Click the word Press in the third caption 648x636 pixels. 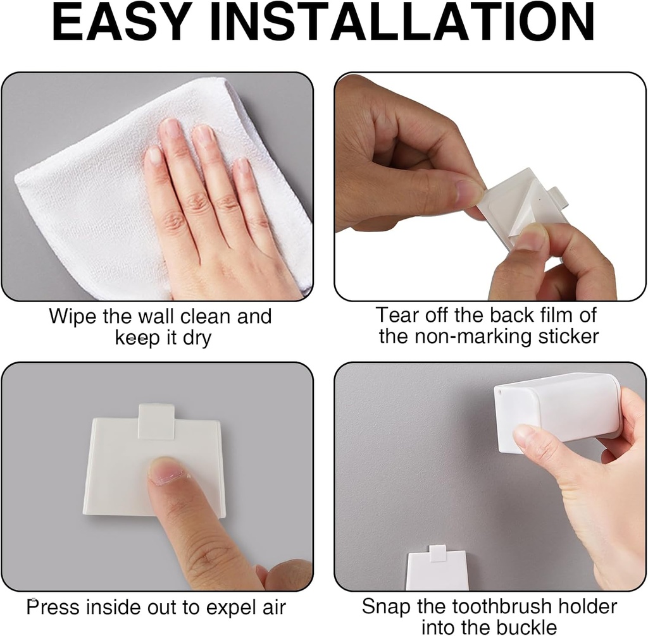[x=52, y=608]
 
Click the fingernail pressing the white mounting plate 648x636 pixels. [x=165, y=471]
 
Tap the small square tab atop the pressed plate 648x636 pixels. [x=156, y=421]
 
